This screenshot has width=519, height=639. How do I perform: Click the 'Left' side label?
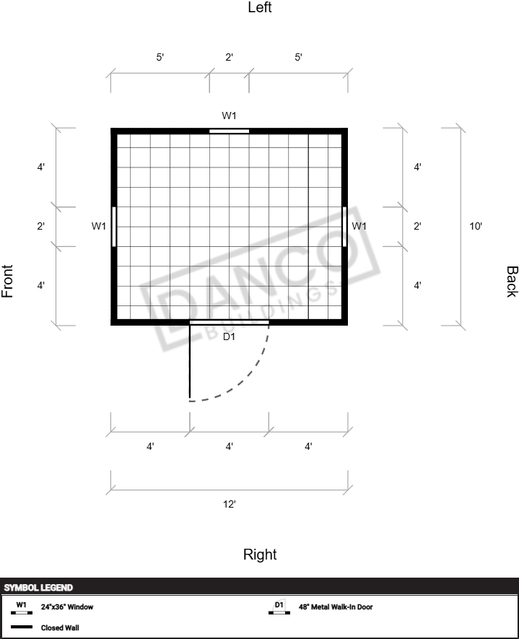tap(260, 7)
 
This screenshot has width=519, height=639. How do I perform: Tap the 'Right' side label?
tap(260, 555)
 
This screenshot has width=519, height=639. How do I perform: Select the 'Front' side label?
tap(7, 281)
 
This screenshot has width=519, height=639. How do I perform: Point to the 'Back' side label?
tap(512, 282)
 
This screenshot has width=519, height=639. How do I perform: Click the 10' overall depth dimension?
tap(476, 226)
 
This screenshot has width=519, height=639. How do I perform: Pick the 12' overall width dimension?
tap(230, 504)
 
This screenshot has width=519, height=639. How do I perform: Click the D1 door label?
tap(229, 336)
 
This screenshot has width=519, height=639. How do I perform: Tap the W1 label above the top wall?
tap(229, 116)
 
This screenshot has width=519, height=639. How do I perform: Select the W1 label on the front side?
tap(99, 226)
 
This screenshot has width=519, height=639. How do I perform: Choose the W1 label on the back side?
tap(359, 226)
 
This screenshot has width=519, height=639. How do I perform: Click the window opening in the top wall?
tap(229, 131)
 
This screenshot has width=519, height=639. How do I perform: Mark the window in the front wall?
tap(113, 227)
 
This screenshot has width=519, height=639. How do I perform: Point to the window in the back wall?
tap(344, 227)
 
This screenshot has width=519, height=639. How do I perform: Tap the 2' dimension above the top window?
tap(230, 58)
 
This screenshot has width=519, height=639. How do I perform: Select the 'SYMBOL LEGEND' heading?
tap(38, 588)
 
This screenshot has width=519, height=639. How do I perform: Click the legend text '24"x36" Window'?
tap(67, 607)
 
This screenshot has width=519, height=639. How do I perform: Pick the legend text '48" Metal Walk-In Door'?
tap(336, 607)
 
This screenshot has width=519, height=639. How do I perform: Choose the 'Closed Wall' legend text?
tap(60, 627)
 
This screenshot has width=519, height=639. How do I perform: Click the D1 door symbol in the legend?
tap(279, 607)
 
